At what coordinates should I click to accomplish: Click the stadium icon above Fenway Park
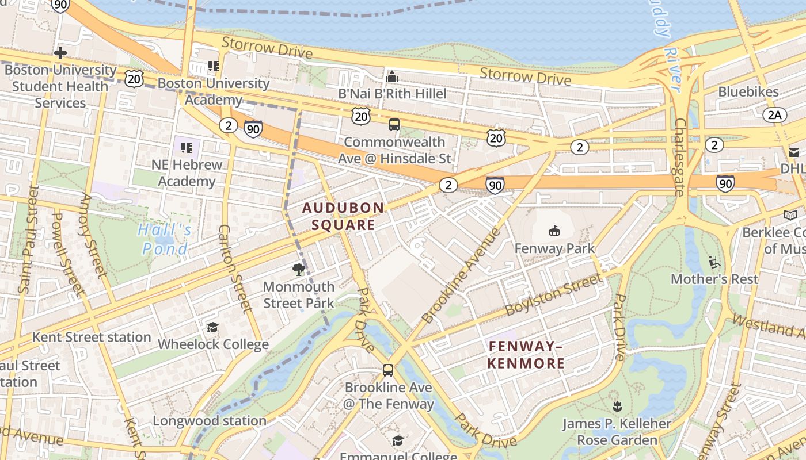554,231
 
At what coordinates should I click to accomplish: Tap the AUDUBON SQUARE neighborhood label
343,216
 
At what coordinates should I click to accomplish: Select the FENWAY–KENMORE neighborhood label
526,355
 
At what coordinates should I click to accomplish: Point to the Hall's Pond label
165,239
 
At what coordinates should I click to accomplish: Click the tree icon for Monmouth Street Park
298,269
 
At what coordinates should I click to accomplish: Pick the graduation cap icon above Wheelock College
212,327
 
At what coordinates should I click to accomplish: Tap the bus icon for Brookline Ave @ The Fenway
388,370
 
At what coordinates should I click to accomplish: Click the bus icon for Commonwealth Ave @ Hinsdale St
394,125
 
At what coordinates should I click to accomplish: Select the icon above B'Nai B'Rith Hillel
392,76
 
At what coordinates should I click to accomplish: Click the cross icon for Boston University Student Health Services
60,53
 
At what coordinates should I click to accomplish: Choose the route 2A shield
775,115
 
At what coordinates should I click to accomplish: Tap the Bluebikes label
748,92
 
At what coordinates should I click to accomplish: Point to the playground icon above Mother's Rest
714,262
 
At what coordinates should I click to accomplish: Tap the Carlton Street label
235,268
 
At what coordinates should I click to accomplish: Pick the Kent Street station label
92,337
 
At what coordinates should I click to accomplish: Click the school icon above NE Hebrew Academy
186,148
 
